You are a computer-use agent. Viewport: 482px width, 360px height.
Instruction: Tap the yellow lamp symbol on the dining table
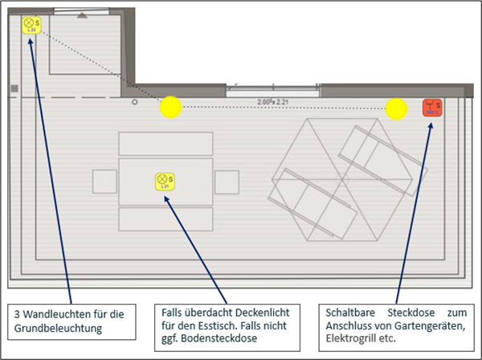pyautogui.click(x=165, y=182)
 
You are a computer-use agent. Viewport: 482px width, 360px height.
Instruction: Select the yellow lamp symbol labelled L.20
pyautogui.click(x=31, y=25)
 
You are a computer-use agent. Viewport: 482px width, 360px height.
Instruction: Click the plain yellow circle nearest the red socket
pyautogui.click(x=395, y=108)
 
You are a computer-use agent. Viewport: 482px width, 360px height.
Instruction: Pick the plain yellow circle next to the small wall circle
pyautogui.click(x=170, y=107)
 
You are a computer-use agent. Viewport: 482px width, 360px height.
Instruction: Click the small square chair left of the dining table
pyautogui.click(x=104, y=181)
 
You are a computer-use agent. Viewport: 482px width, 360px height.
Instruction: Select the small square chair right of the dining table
pyautogui.click(x=228, y=181)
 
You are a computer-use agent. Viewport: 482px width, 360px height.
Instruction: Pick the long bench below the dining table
pyautogui.click(x=165, y=219)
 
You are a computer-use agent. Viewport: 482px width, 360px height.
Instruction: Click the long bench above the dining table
pyautogui.click(x=165, y=143)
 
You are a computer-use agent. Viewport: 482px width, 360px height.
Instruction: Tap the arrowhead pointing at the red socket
pyautogui.click(x=431, y=125)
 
